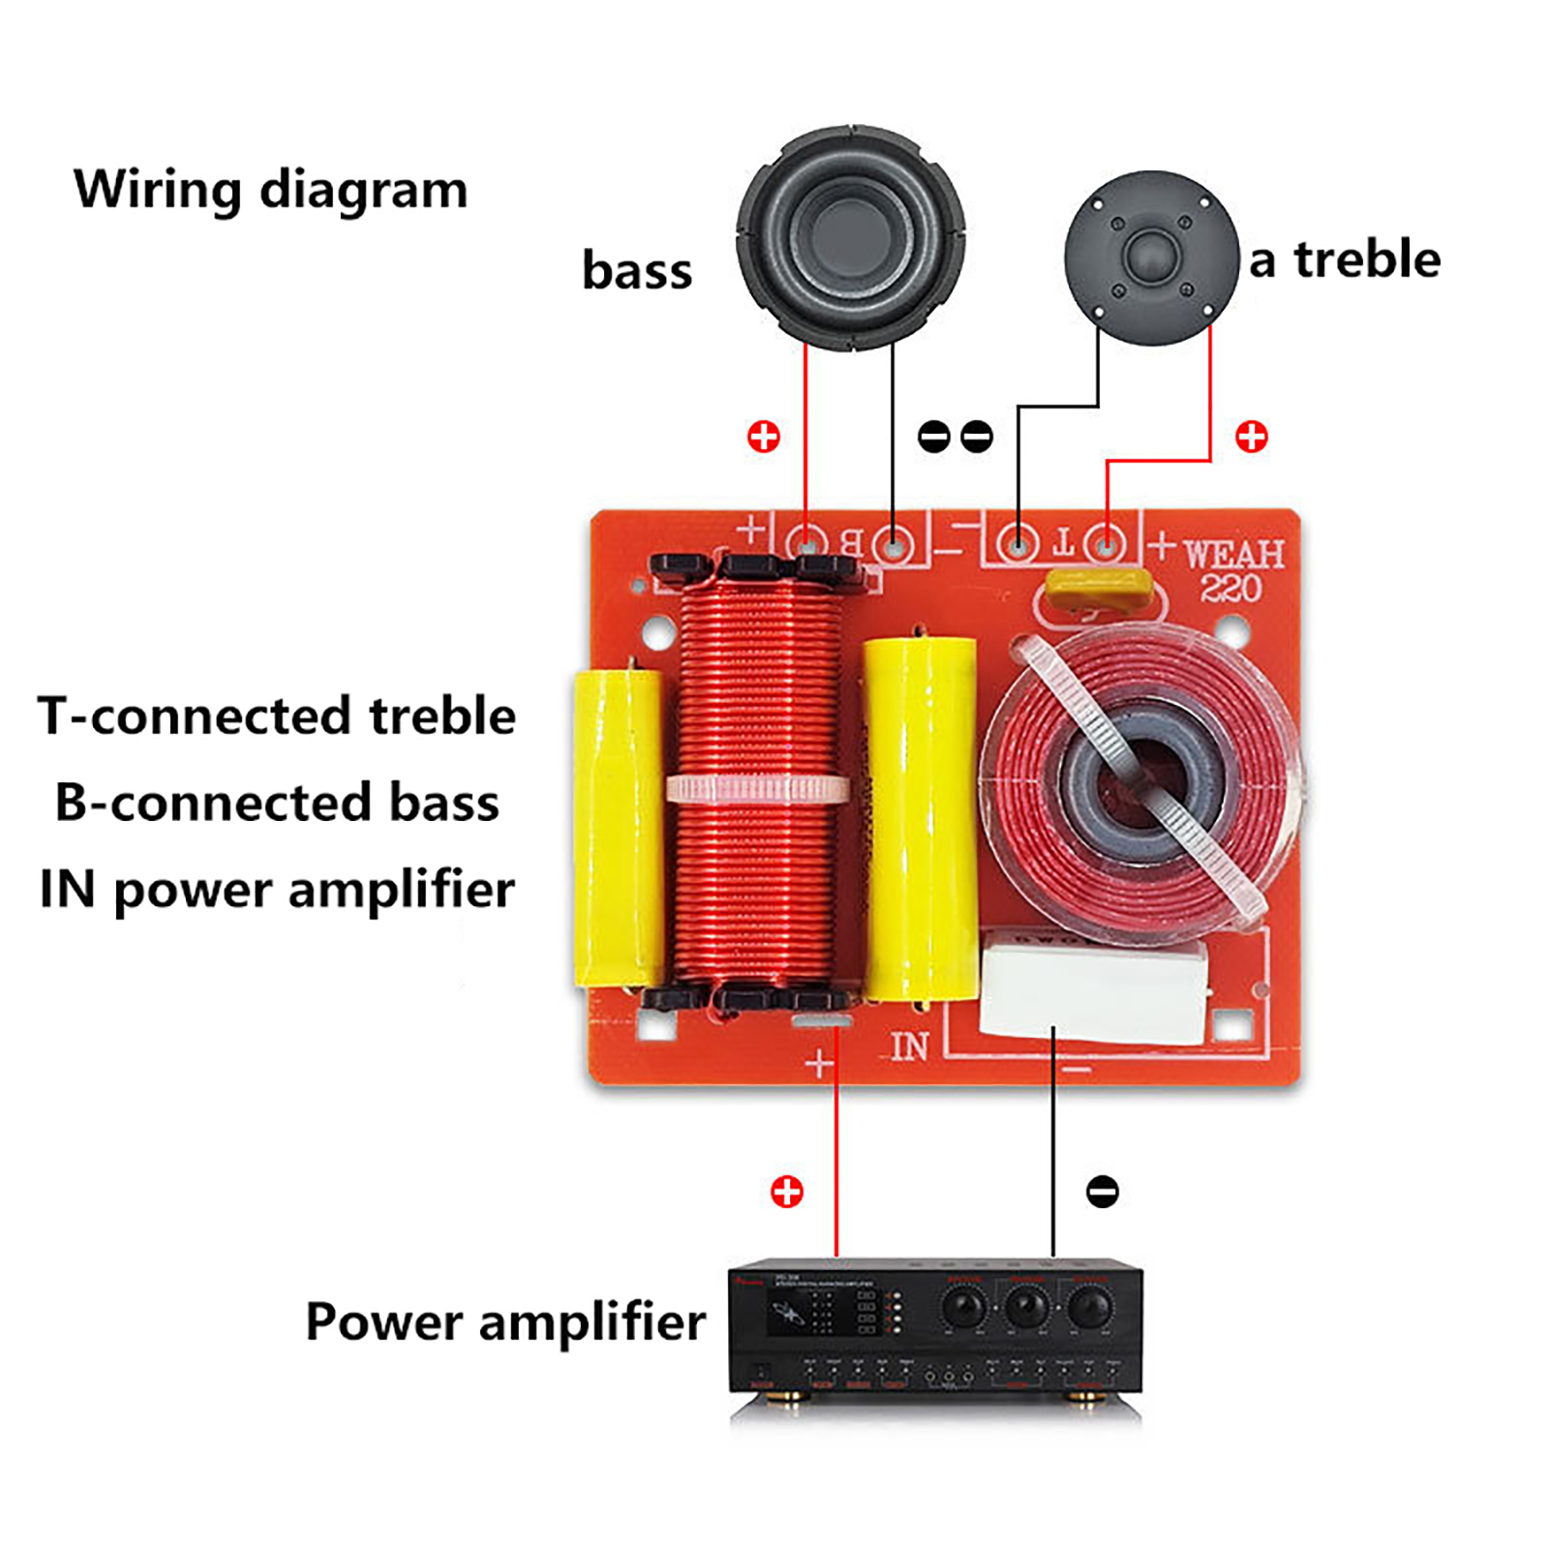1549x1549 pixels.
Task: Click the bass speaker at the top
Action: click(850, 237)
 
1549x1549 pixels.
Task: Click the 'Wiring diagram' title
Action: click(271, 190)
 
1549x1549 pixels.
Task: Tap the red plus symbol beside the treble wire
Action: click(1252, 437)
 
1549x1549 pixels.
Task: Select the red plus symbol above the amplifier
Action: click(787, 1191)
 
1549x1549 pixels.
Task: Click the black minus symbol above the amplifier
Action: click(1102, 1191)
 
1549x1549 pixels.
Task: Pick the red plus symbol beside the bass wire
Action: click(764, 437)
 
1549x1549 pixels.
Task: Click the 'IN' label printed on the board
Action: click(909, 1047)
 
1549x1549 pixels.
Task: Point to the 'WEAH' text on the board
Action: click(1233, 555)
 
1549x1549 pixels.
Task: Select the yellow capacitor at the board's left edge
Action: click(618, 828)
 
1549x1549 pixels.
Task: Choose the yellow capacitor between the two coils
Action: click(918, 818)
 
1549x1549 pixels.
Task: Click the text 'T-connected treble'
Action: click(277, 716)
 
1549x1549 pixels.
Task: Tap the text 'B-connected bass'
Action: click(277, 803)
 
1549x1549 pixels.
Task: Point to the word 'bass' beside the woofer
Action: click(637, 271)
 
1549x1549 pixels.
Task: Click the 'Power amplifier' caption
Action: click(505, 1322)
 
